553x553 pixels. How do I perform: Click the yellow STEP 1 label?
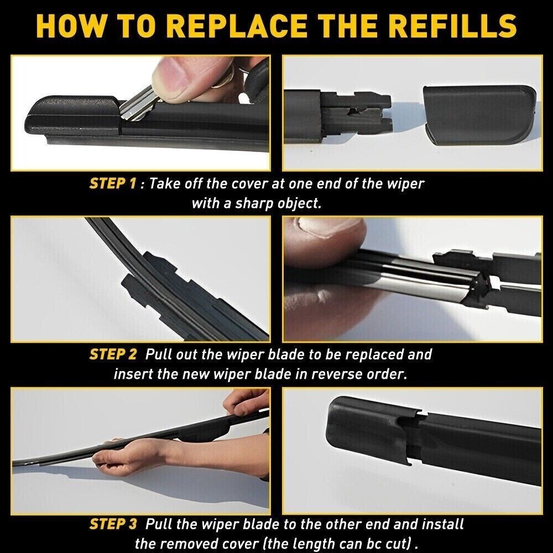tap(112, 184)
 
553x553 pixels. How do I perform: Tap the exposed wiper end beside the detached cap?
tap(354, 111)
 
